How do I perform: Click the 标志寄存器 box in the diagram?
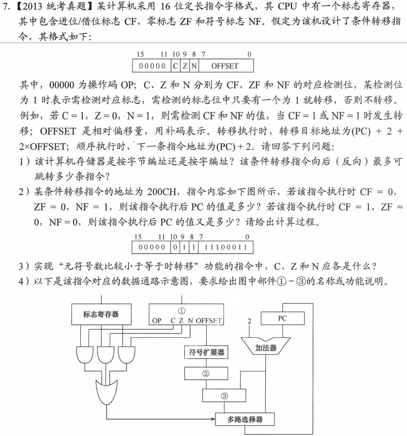click(101, 314)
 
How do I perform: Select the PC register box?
click(282, 318)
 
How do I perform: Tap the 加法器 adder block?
click(266, 348)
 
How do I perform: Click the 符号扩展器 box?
click(206, 352)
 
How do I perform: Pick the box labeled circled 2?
click(206, 373)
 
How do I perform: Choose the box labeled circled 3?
click(224, 396)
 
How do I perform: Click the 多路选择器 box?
click(245, 419)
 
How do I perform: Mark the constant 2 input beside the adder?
click(249, 321)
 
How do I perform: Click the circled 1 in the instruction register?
click(182, 311)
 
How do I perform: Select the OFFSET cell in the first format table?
click(225, 66)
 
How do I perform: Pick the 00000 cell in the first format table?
click(152, 66)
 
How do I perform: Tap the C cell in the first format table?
click(175, 66)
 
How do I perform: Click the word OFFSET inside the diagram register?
click(209, 321)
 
